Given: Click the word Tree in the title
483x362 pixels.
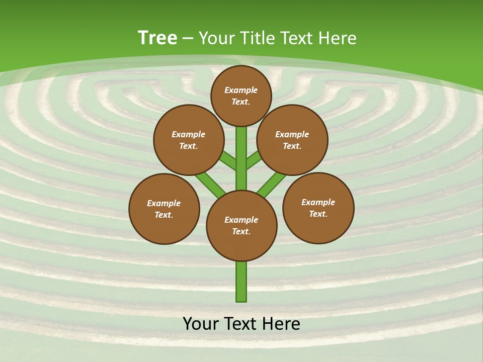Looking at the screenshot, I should [x=157, y=38].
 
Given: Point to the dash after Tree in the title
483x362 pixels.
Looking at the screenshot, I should [x=188, y=39].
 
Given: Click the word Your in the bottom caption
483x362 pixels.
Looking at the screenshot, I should [x=200, y=324].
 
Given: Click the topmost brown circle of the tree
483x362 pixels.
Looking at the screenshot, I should [x=241, y=96].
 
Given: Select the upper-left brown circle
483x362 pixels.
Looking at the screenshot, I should [x=189, y=140].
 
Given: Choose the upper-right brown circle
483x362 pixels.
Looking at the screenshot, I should [x=292, y=140].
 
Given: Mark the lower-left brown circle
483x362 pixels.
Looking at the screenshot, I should [x=164, y=209].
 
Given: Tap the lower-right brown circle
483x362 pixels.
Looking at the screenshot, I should [x=318, y=208].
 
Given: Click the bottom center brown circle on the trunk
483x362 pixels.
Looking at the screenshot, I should [x=242, y=225].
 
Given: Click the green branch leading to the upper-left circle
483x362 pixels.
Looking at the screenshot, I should [x=228, y=161].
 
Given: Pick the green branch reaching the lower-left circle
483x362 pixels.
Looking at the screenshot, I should [x=210, y=184].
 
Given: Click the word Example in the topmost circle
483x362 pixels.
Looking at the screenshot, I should [x=241, y=90].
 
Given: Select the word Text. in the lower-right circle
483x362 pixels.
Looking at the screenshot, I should [x=318, y=214].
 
